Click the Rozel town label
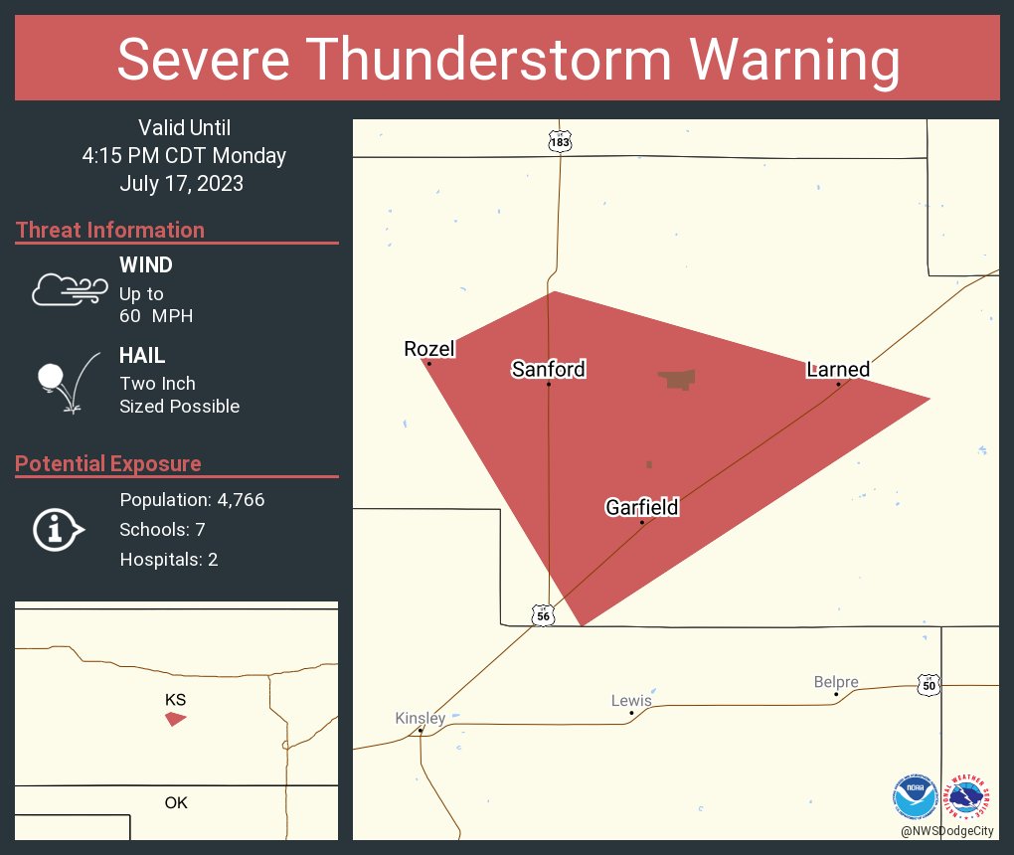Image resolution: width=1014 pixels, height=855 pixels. [x=428, y=349]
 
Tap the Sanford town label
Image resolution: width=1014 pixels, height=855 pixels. [x=548, y=370]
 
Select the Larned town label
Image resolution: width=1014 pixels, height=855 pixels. [x=838, y=370]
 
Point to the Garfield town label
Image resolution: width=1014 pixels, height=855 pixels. [x=641, y=507]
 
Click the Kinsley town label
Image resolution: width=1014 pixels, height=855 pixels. [x=421, y=718]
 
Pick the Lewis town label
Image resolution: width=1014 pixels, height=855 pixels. [x=631, y=700]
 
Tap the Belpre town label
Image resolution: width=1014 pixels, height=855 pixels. [x=836, y=682]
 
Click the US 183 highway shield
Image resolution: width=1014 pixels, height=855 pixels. [x=560, y=141]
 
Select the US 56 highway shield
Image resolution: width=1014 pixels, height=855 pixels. [x=542, y=616]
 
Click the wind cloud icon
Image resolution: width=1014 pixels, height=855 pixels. [x=69, y=290]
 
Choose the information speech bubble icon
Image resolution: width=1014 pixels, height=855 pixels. [x=58, y=531]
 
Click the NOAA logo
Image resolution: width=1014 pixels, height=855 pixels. [x=915, y=796]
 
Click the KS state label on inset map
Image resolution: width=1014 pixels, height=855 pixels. [x=175, y=700]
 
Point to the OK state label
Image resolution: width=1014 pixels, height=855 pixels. [x=175, y=802]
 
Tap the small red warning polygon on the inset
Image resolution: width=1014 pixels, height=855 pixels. [x=175, y=718]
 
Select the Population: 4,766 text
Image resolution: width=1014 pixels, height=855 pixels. [x=192, y=500]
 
